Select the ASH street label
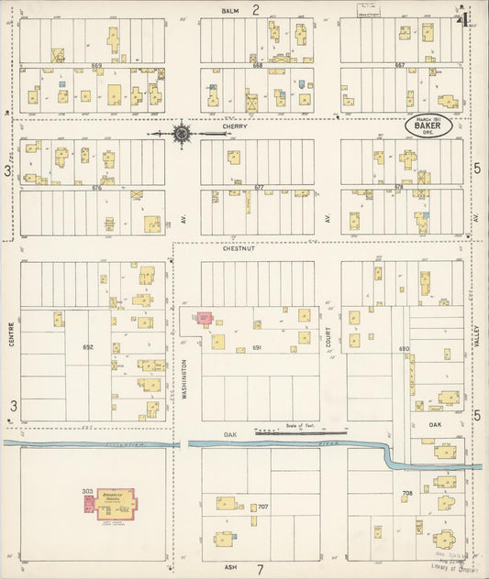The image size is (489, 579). click(x=231, y=567)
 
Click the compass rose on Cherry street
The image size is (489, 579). click(x=182, y=134)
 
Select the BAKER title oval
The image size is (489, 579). click(x=428, y=125)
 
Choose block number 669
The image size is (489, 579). click(x=96, y=66)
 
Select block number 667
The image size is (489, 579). click(x=399, y=66)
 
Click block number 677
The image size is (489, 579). click(x=259, y=187)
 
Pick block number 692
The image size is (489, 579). click(x=88, y=347)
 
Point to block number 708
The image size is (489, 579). click(x=406, y=493)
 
